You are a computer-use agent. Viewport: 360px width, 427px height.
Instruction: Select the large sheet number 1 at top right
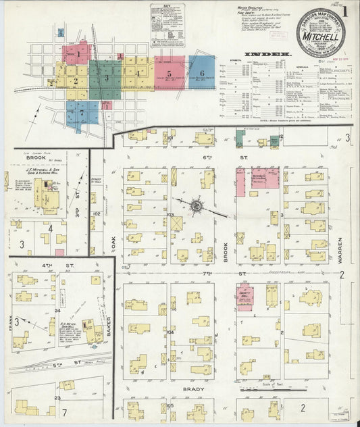point(345,12)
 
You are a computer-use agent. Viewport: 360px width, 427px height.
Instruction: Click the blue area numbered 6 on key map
point(201,73)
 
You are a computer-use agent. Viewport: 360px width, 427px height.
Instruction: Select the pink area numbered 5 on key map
point(170,72)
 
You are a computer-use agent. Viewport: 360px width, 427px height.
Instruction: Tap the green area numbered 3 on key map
point(106,78)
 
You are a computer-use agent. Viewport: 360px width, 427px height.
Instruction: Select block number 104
point(171,332)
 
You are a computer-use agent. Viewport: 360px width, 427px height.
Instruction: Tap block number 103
point(171,214)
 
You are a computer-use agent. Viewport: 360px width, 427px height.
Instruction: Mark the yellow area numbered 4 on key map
point(138,74)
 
